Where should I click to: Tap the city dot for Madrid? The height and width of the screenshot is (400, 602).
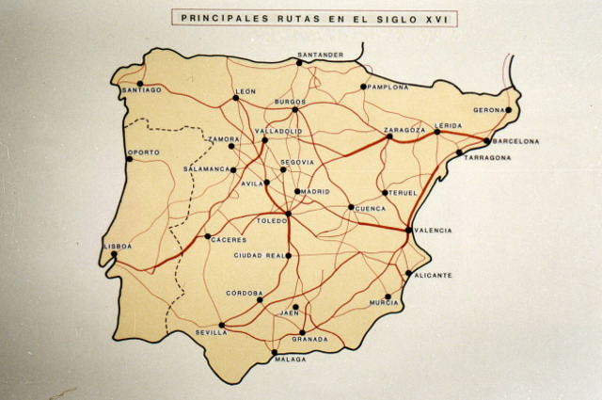[297, 192]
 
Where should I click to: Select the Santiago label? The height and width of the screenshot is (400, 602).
[142, 90]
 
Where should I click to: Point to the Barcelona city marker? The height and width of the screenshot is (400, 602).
[486, 141]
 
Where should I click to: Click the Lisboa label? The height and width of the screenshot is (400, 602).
[119, 246]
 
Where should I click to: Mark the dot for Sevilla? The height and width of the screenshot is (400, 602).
[222, 325]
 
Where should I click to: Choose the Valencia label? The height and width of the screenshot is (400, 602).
[433, 230]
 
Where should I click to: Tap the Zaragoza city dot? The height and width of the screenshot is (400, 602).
[389, 136]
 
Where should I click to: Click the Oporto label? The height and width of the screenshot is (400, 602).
[144, 152]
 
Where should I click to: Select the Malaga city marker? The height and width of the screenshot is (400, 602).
[275, 353]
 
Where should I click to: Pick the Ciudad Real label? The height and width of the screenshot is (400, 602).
[260, 255]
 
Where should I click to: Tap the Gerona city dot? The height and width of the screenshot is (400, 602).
[508, 110]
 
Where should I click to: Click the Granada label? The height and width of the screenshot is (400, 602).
[309, 339]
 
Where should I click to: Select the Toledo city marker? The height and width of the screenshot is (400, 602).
[289, 214]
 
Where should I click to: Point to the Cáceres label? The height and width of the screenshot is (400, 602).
[229, 240]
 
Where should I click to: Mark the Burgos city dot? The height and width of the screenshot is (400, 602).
[294, 109]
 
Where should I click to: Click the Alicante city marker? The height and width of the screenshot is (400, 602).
[408, 274]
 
